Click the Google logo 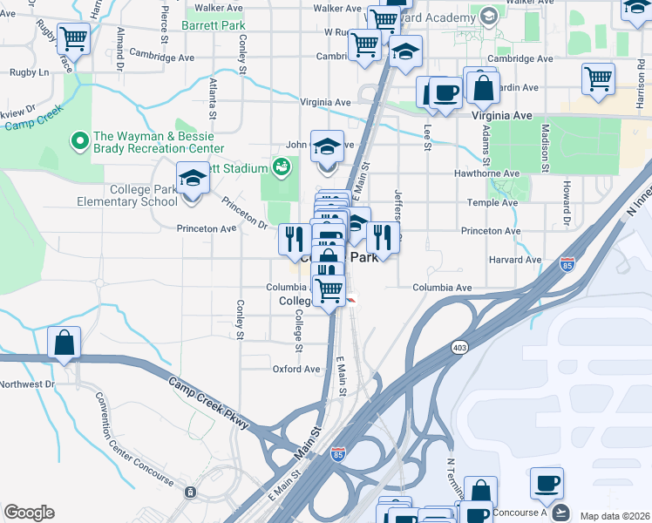coord(29,513)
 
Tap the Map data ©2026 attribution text coord(615,516)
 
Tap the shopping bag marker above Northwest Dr coord(65,343)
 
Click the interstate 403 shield coord(458,347)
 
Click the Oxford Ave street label coord(296,369)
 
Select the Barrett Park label coord(214,26)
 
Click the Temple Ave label coord(493,202)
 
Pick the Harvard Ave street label coord(515,260)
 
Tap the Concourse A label coord(520,513)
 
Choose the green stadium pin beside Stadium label coord(282,166)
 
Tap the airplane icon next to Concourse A coord(559,511)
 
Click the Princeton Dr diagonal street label coord(244,212)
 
